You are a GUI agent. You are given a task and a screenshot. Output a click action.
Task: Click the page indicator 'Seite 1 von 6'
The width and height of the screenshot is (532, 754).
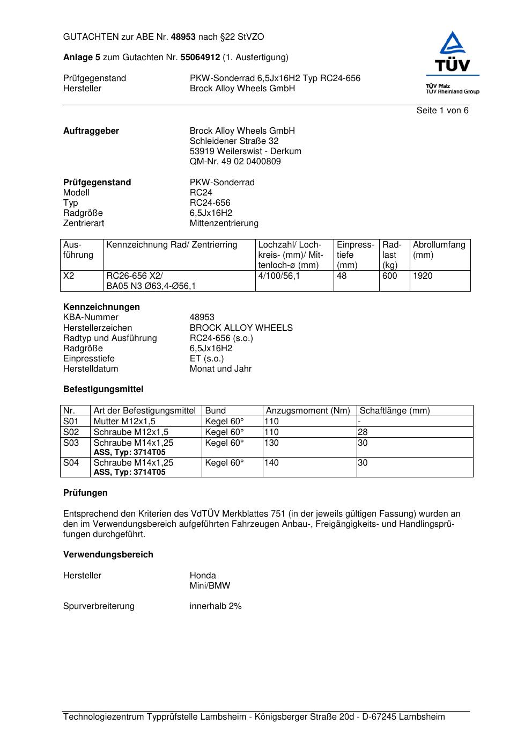coord(442,111)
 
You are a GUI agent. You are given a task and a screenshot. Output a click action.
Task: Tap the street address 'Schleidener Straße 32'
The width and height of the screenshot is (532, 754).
coord(234,141)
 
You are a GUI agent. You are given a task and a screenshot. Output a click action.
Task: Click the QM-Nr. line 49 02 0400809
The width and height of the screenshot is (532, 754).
coord(235,162)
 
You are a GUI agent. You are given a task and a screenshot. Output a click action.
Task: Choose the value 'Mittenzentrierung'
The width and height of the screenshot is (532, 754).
coord(224,223)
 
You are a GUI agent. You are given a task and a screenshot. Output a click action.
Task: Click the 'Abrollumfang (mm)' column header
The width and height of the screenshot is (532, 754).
coord(439,250)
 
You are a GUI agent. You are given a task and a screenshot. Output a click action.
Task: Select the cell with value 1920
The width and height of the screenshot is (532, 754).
coord(423,276)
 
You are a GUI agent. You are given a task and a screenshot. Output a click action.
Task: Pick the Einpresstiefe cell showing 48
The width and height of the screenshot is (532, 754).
coord(342,276)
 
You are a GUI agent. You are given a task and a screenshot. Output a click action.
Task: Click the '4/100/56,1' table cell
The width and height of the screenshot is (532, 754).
coord(279,276)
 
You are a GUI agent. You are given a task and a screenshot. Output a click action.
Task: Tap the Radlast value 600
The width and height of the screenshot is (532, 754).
coord(390,276)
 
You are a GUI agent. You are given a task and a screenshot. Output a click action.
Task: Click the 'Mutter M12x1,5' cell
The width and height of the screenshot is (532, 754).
coord(124,422)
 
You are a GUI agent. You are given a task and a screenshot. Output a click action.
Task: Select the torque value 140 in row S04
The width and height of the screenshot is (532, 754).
coord(272,463)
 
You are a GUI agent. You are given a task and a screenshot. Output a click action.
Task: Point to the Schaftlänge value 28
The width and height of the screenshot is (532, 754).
coord(363,432)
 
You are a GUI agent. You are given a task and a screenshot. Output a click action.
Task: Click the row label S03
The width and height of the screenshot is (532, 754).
coord(71,443)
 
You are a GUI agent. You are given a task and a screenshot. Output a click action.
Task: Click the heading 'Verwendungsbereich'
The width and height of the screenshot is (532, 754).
coord(108,555)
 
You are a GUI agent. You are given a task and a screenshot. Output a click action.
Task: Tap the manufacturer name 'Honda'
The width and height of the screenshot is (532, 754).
coord(203,576)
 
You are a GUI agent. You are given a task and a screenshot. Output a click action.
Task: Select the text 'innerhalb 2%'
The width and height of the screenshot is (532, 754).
coord(216,606)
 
